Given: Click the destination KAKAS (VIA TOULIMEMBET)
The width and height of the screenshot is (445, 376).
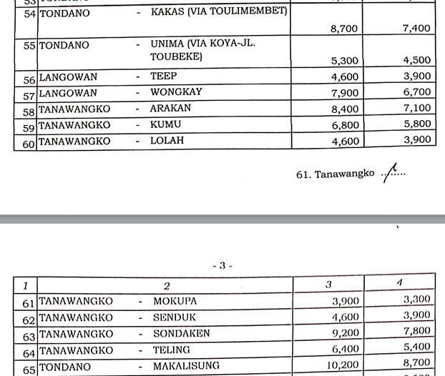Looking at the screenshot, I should [218, 11].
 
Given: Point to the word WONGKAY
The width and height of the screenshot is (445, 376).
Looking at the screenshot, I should [176, 92].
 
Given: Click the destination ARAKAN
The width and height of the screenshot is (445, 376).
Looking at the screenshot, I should [172, 109].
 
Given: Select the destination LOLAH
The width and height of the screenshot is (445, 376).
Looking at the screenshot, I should [167, 141].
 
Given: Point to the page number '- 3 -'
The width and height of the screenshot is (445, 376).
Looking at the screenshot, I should [222, 266].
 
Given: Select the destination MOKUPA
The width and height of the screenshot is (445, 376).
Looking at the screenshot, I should [175, 301].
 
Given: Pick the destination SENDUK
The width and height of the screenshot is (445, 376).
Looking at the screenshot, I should [174, 317].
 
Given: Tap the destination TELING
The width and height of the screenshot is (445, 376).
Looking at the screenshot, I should [171, 350].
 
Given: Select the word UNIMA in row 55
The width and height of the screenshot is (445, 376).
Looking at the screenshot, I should [168, 45].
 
